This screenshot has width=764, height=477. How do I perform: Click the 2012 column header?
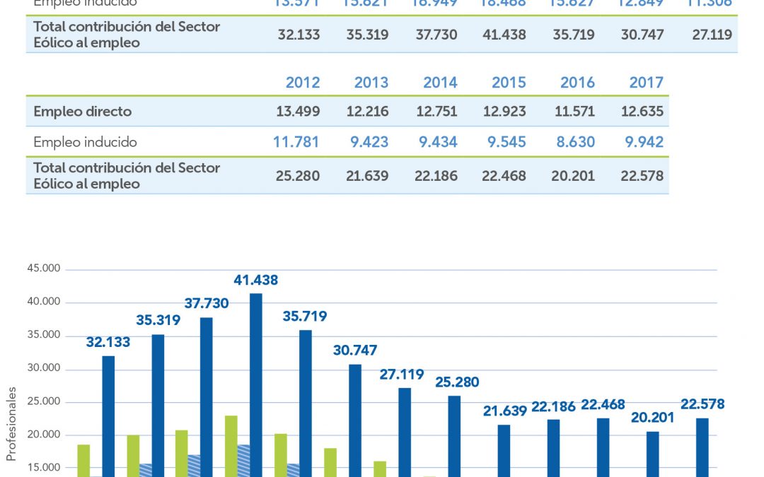click(303, 83)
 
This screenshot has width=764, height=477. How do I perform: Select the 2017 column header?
click(647, 83)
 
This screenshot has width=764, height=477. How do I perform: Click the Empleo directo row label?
click(83, 112)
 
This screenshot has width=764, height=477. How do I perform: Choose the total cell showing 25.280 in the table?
click(296, 176)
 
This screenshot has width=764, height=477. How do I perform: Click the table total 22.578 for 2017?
click(642, 176)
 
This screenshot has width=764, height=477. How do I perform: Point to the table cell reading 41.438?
click(503, 35)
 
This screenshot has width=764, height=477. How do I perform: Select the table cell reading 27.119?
click(712, 35)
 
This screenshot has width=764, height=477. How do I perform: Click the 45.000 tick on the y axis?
click(45, 269)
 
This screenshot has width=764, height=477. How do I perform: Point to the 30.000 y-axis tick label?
click(45, 370)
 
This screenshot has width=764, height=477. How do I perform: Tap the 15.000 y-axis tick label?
click(45, 468)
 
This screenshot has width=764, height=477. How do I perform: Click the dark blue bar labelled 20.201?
click(652, 452)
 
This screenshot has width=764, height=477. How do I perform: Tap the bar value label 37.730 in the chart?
click(207, 303)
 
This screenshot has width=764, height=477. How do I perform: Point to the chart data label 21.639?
click(504, 410)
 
